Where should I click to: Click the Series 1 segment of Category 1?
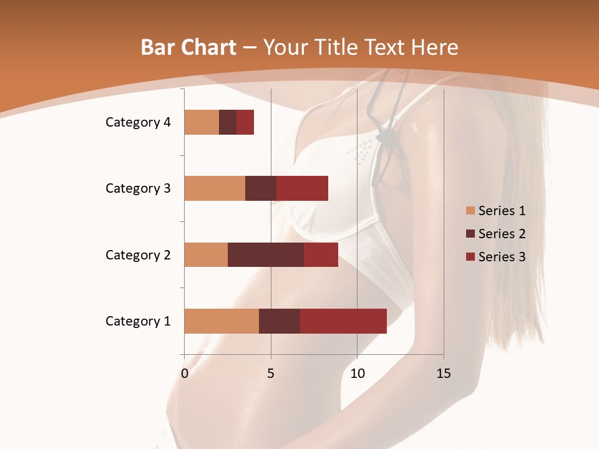coord(222,321)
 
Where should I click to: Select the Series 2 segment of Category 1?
coord(280,321)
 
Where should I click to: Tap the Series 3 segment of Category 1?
coord(343,321)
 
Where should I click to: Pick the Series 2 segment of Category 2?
coord(266,254)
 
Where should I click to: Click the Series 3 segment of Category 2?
coord(321,254)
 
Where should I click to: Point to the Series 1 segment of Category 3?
coord(215,188)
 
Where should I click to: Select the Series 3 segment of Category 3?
coord(302,188)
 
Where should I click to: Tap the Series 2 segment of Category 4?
coord(228,122)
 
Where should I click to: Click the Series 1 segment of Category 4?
coord(202,122)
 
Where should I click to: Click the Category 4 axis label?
coord(138,122)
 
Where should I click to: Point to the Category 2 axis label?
coord(138,255)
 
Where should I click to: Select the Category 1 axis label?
coord(138,321)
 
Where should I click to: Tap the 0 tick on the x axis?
coord(185,374)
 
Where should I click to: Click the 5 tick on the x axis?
coord(271,374)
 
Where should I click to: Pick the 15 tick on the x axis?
coord(443,374)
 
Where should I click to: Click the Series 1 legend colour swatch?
coord(470,211)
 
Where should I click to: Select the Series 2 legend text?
coord(502,234)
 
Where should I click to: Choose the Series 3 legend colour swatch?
coord(470,257)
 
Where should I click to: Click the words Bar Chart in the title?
coord(188,47)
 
